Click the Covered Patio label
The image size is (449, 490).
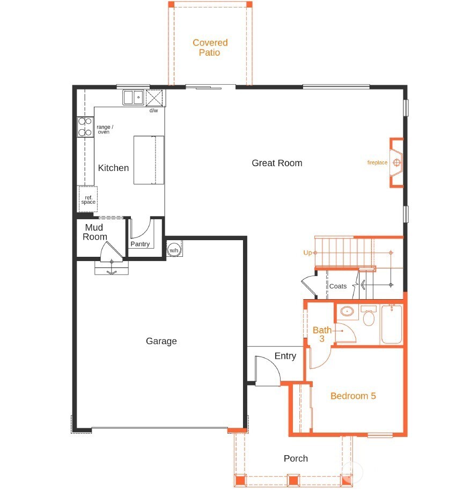(210, 47)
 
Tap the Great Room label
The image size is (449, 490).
(277, 163)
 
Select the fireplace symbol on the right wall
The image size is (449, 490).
(396, 163)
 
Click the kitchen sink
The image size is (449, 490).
(133, 98)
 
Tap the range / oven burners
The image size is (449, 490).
(85, 127)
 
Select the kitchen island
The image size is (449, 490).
(149, 160)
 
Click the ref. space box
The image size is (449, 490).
(88, 199)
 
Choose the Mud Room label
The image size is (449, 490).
(95, 232)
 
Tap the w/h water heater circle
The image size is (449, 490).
(174, 250)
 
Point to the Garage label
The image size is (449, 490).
(161, 341)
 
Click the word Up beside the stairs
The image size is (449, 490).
(308, 253)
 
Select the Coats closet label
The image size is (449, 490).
(338, 286)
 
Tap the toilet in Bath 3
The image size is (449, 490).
(369, 318)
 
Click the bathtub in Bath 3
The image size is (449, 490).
(392, 324)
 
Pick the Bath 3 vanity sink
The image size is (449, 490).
(347, 311)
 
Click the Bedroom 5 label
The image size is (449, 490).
(353, 396)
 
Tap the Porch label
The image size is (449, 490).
(296, 458)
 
